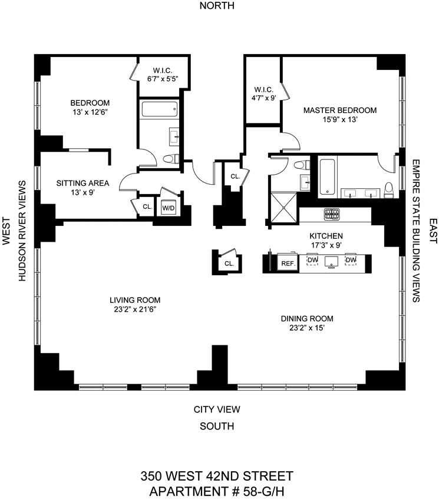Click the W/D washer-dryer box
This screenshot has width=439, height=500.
click(x=169, y=208)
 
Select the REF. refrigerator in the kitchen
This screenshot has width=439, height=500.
click(x=288, y=263)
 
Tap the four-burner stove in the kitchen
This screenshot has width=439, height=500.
click(x=332, y=215)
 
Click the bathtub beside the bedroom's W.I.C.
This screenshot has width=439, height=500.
click(x=159, y=109)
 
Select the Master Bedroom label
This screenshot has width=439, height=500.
click(x=339, y=110)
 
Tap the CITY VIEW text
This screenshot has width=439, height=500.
click(x=217, y=409)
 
